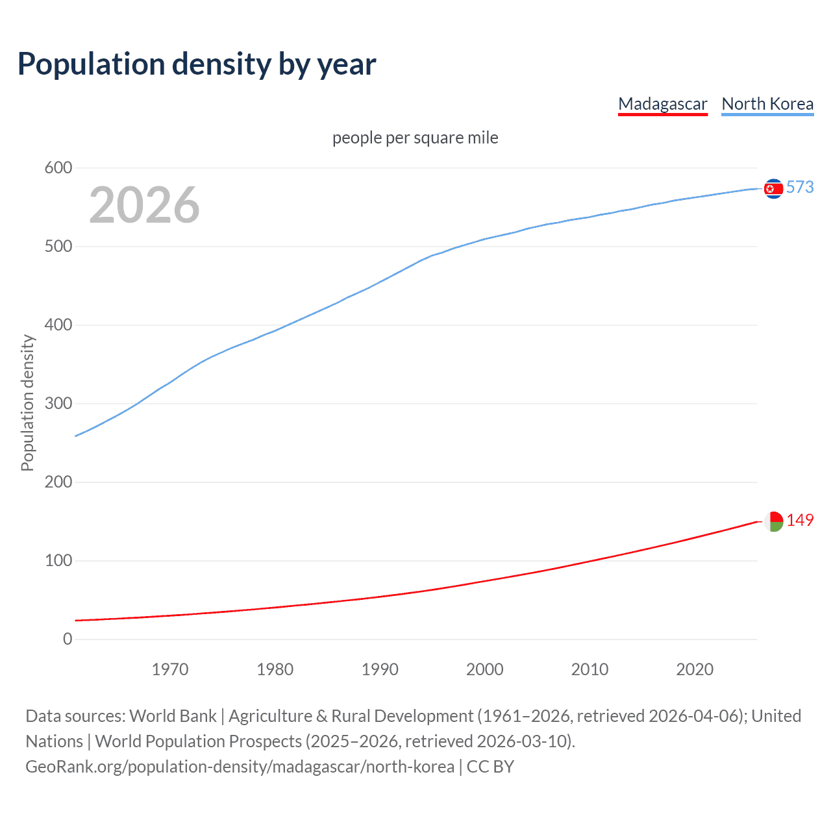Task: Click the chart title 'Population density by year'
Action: click(x=197, y=64)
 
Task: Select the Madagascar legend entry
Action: click(x=662, y=104)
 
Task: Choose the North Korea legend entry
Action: click(x=767, y=104)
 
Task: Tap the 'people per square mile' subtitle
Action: click(x=415, y=138)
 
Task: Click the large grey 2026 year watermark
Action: click(x=144, y=205)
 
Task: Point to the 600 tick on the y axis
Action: click(x=58, y=168)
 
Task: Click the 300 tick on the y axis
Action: click(x=58, y=404)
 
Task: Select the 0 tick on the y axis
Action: click(x=68, y=639)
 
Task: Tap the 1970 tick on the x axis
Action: click(x=170, y=669)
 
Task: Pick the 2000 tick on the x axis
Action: click(x=484, y=669)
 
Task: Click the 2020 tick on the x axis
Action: click(x=695, y=669)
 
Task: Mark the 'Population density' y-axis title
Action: click(x=27, y=403)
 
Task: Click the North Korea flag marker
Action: click(x=773, y=188)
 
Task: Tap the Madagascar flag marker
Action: click(x=773, y=521)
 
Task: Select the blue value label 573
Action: click(x=800, y=188)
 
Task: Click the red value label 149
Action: click(x=800, y=521)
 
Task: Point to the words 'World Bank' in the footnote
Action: click(x=173, y=716)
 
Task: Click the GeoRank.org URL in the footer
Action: click(x=240, y=767)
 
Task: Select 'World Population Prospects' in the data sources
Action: click(x=198, y=741)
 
